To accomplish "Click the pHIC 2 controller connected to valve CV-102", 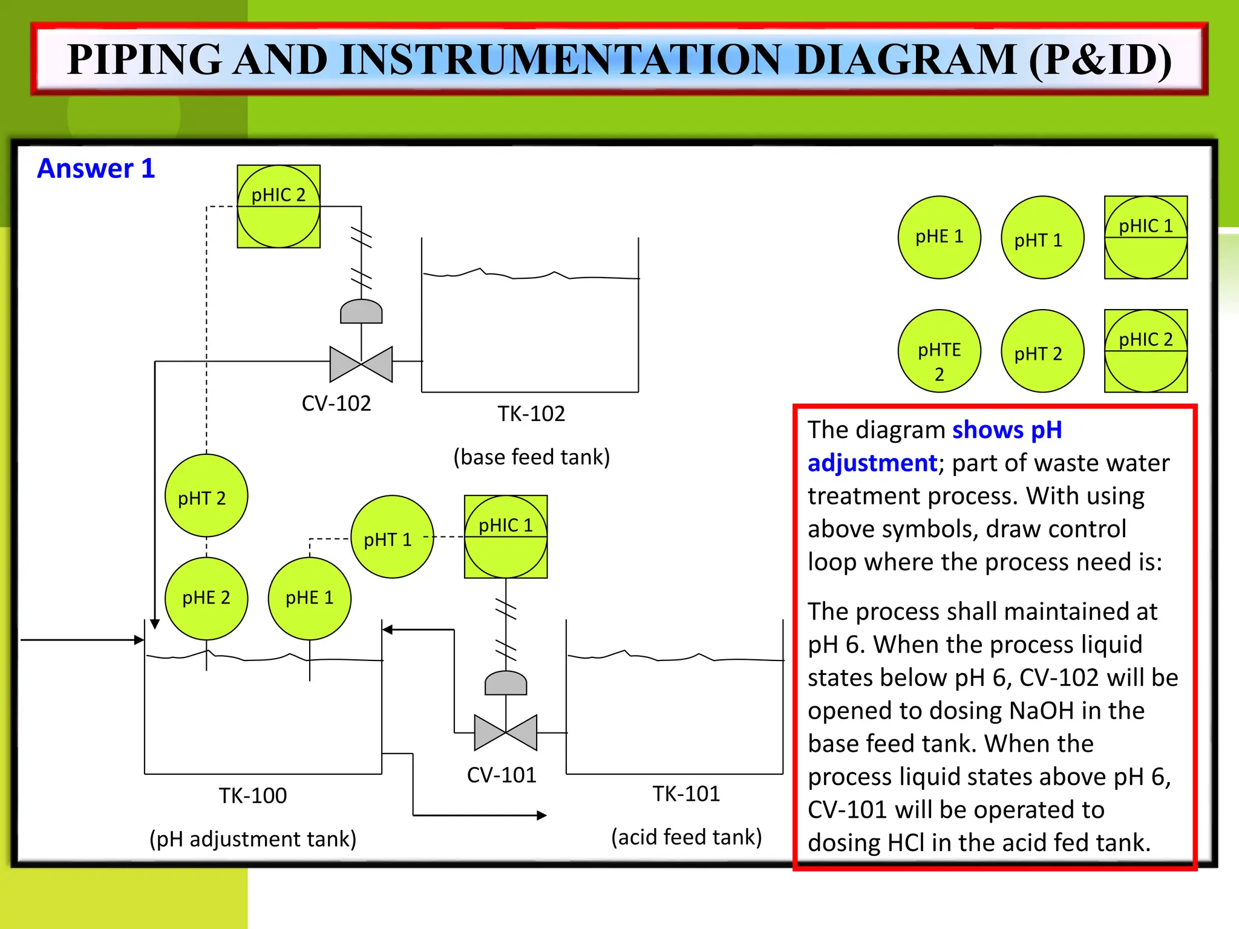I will pyautogui.click(x=278, y=206).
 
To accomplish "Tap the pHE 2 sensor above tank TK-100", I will pyautogui.click(x=206, y=598).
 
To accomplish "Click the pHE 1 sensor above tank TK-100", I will pyautogui.click(x=310, y=598).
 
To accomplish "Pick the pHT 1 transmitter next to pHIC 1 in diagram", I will pyautogui.click(x=392, y=537).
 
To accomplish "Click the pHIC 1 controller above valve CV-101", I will pyautogui.click(x=506, y=536).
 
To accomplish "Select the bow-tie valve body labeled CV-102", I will pyautogui.click(x=361, y=364).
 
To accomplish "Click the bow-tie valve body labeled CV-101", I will pyautogui.click(x=506, y=732).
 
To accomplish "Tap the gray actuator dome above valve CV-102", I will pyautogui.click(x=361, y=311).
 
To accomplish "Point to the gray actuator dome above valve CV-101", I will pyautogui.click(x=506, y=683).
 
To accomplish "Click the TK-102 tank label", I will pyautogui.click(x=531, y=414).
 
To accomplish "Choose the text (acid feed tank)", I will pyautogui.click(x=687, y=837).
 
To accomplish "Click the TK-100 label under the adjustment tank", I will pyautogui.click(x=253, y=795).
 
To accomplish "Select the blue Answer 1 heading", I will pyautogui.click(x=96, y=169).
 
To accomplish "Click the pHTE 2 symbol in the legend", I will pyautogui.click(x=939, y=351).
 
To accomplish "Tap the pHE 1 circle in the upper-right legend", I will pyautogui.click(x=939, y=237).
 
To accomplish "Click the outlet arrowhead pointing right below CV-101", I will pyautogui.click(x=541, y=815).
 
